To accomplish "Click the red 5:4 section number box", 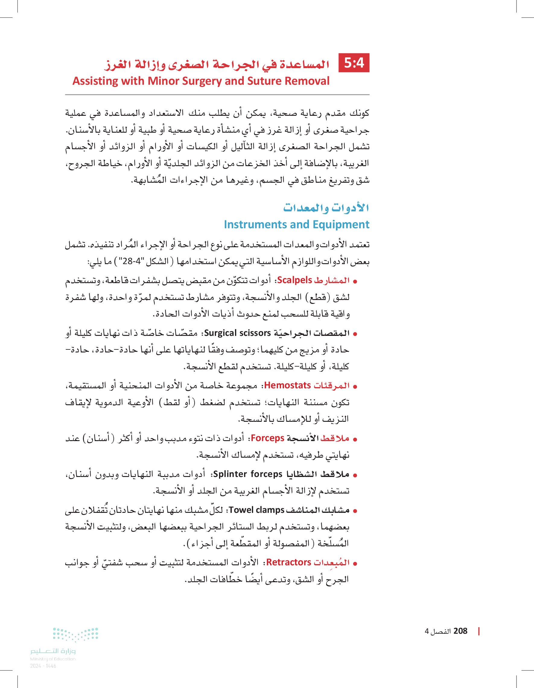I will click(x=354, y=63).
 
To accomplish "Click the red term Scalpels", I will click(x=294, y=280).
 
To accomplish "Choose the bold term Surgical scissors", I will click(x=237, y=333).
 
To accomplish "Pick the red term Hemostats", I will click(x=288, y=385).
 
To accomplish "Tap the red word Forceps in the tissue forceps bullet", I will click(x=268, y=438).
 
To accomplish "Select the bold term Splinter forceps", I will click(x=248, y=474).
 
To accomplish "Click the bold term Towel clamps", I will click(x=257, y=510).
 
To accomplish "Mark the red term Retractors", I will click(x=289, y=562).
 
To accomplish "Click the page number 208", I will click(x=460, y=631).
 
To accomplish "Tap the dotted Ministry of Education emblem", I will click(x=76, y=634).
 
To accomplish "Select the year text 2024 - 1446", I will click(x=43, y=666).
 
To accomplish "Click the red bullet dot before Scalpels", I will click(x=355, y=281).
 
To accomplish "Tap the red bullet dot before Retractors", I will click(x=355, y=563).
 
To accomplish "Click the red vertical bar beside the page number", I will click(x=479, y=631).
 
